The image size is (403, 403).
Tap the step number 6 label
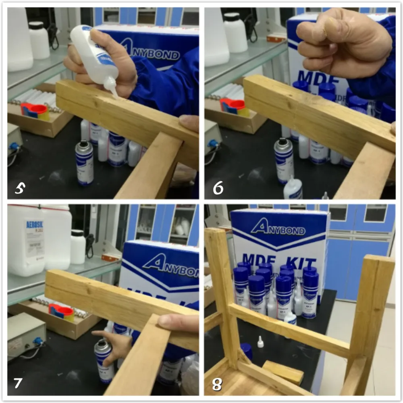click(218, 188)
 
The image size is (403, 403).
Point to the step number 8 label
click(217, 384)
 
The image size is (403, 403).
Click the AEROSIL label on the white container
click(35, 224)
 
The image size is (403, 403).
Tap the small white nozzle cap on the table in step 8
click(260, 343)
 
